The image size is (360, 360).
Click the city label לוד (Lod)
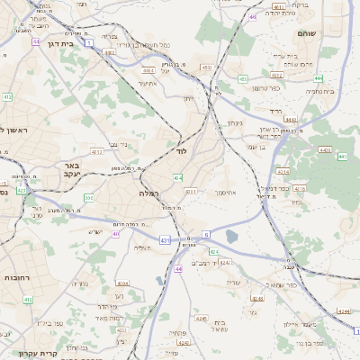click(x=181, y=152)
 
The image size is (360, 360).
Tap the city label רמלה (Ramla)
click(x=148, y=193)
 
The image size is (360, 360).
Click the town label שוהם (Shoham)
click(x=306, y=32)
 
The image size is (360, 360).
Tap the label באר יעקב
click(x=73, y=171)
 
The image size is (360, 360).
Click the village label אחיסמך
click(x=225, y=192)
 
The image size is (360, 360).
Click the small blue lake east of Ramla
click(x=232, y=237)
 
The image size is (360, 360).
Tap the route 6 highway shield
click(x=205, y=234)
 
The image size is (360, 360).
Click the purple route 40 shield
click(x=116, y=234)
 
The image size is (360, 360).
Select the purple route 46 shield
click(x=253, y=16)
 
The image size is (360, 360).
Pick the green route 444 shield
click(x=290, y=118)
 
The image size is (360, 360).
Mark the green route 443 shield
click(x=342, y=157)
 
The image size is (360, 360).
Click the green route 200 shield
click(x=87, y=197)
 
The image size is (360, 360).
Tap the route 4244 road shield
click(x=343, y=310)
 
